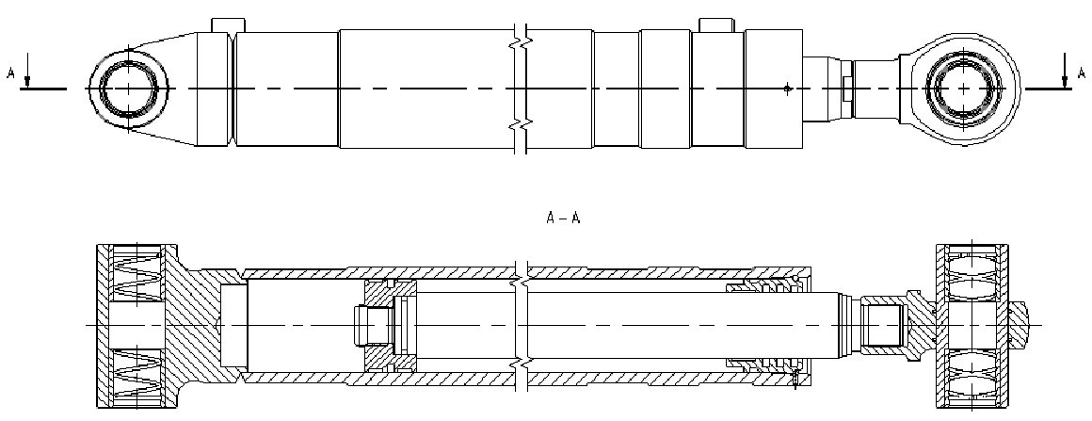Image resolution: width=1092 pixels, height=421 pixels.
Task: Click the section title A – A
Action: point(564,218)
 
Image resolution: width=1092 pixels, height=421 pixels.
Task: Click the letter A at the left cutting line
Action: point(11,72)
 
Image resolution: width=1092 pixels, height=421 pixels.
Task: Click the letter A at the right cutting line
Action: point(1080,72)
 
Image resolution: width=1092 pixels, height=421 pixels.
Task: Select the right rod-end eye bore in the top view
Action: point(966,89)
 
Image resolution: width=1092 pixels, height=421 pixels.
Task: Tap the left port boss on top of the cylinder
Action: point(228,23)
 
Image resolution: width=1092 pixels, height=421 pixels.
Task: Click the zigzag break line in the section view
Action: point(522,324)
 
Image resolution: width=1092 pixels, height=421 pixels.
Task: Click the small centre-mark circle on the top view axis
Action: point(787,89)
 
